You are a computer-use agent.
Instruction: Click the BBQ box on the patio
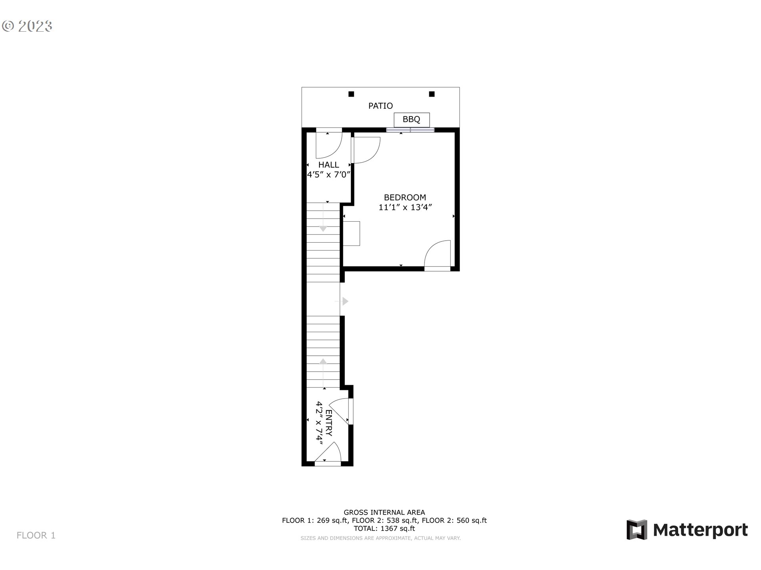click(x=411, y=120)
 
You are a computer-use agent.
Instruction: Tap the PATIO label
click(x=380, y=106)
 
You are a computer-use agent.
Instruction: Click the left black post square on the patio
click(x=351, y=94)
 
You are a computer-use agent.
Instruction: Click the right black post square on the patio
click(x=432, y=94)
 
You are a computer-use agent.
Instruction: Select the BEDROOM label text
click(x=405, y=197)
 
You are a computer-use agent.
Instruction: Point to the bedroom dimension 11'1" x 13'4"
click(x=405, y=207)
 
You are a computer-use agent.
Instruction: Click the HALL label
click(x=329, y=165)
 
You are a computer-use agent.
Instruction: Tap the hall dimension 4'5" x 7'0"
click(x=329, y=175)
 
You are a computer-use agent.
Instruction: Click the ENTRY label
click(x=329, y=423)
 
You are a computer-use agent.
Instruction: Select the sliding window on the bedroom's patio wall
click(x=410, y=130)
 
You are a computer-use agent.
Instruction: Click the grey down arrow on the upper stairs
click(x=323, y=228)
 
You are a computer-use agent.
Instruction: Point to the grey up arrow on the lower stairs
click(x=323, y=361)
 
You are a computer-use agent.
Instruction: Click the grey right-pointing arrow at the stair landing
click(x=345, y=301)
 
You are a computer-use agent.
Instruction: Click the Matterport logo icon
click(x=637, y=530)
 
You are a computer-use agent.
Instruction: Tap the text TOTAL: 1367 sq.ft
click(x=384, y=528)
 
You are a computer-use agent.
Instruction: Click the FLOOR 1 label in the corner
click(x=36, y=536)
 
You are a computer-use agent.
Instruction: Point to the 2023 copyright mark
click(x=27, y=26)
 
